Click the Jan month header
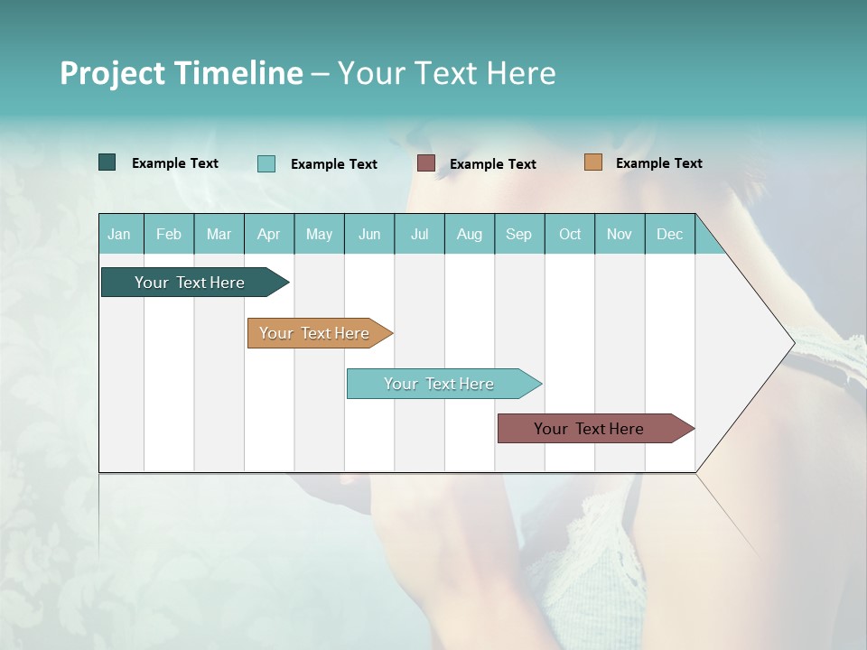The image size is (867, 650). (120, 234)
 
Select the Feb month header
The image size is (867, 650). (169, 234)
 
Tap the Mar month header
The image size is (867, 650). (219, 234)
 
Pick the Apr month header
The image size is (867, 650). (269, 234)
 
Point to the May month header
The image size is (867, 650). (319, 234)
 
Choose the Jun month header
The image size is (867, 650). (369, 234)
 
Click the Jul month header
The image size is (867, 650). (419, 234)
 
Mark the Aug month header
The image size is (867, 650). (470, 234)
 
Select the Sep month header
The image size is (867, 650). (519, 234)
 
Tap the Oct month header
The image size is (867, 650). (570, 234)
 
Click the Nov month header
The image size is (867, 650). (620, 234)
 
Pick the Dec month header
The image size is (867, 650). (670, 234)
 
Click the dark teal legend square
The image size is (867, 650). (107, 162)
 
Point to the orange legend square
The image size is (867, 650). (593, 162)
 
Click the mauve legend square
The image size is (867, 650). (426, 163)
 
